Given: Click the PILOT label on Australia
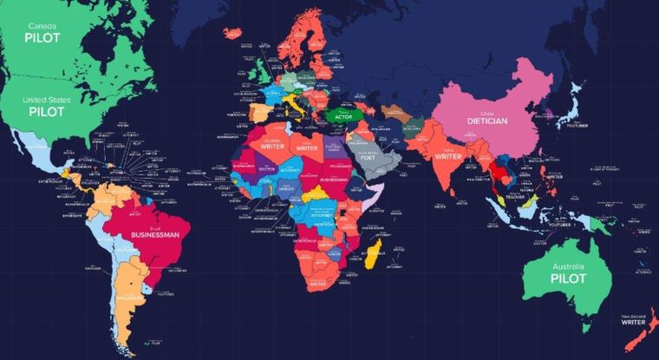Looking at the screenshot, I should pyautogui.click(x=567, y=278).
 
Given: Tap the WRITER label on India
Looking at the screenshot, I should pyautogui.click(x=447, y=157).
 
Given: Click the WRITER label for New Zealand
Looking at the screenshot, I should pyautogui.click(x=630, y=321).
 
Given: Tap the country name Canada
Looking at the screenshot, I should pyautogui.click(x=36, y=27).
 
